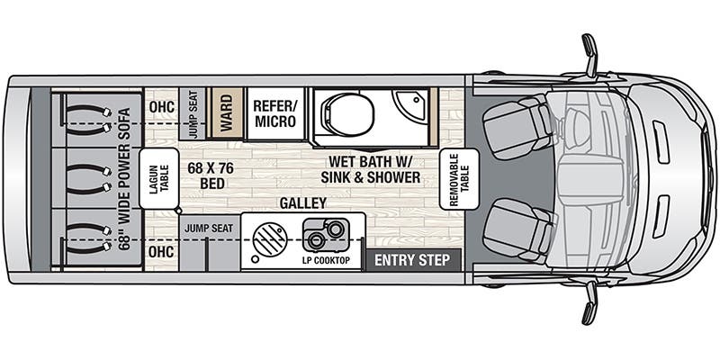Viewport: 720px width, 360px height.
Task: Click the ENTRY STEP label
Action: tap(412, 261)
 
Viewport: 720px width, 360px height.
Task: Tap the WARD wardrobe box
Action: tap(226, 112)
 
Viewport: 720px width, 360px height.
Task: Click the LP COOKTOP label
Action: tap(326, 261)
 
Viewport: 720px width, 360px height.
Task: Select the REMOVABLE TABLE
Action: tap(458, 179)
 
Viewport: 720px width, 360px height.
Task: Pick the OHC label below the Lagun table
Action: tap(161, 251)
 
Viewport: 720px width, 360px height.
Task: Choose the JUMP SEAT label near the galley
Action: tap(209, 229)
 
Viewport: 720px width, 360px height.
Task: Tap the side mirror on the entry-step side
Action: tap(589, 301)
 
